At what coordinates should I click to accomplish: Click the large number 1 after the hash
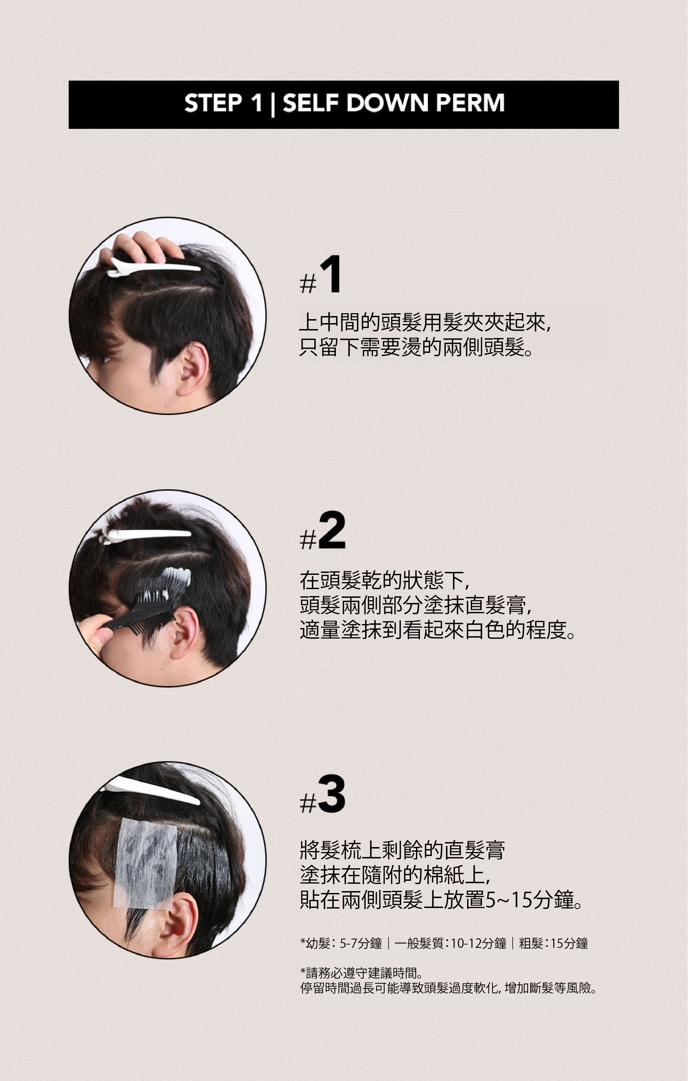(331, 274)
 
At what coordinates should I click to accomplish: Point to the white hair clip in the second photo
(146, 536)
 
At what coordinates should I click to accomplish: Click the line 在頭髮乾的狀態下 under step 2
(384, 580)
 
